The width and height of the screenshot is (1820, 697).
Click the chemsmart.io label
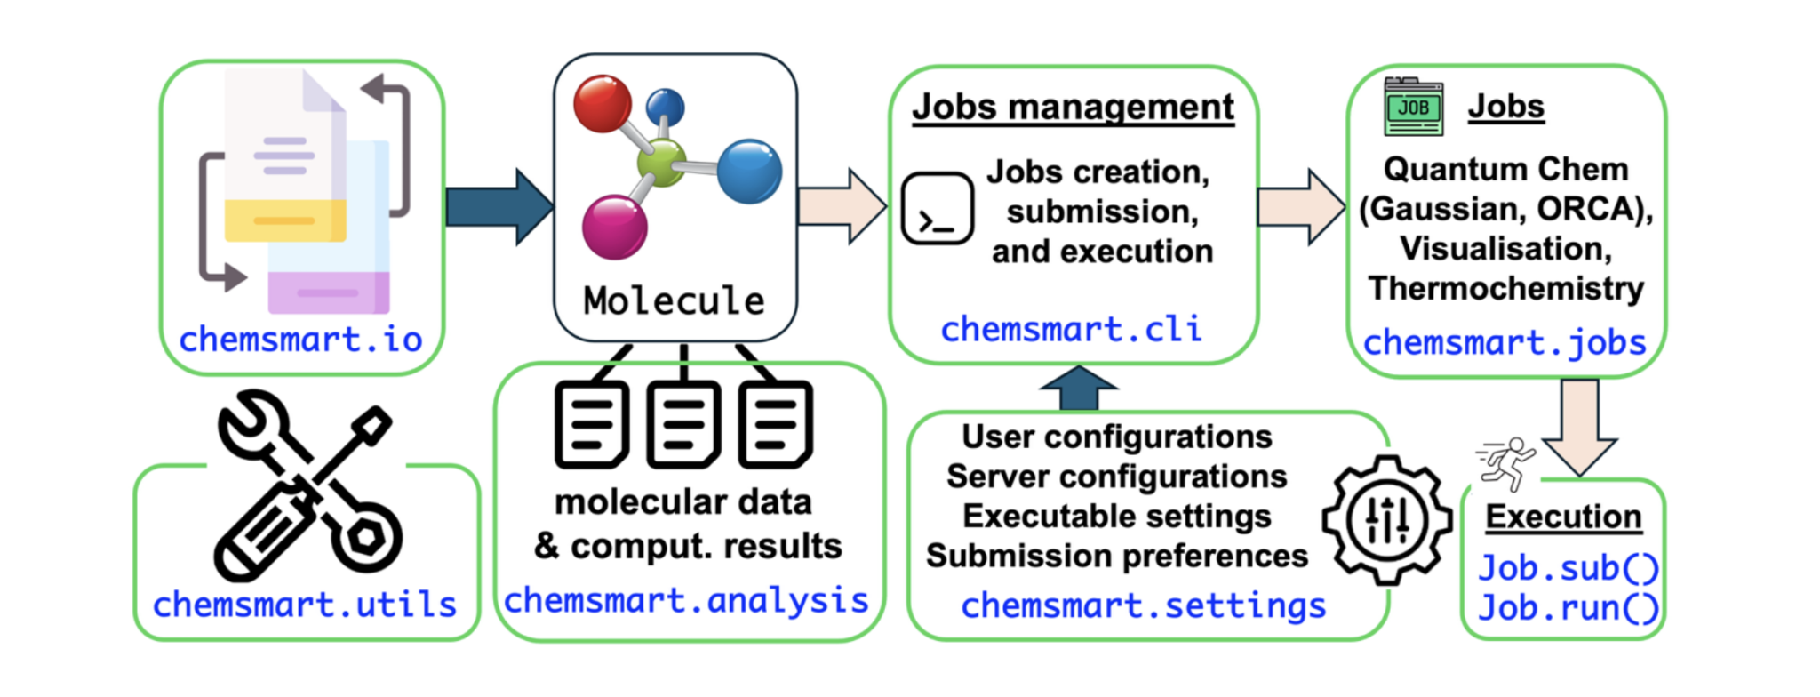tap(300, 340)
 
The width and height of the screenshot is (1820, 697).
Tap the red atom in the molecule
tap(602, 104)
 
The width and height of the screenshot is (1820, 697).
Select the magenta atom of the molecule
tap(614, 228)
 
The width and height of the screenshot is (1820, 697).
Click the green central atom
tap(661, 163)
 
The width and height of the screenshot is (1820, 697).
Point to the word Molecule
tap(674, 301)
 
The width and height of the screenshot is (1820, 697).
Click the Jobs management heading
tap(1073, 108)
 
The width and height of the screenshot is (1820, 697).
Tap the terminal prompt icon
tap(938, 209)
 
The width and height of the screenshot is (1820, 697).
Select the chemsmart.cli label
tap(1071, 330)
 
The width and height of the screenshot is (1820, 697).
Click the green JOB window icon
tap(1413, 108)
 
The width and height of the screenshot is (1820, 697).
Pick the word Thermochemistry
tap(1505, 288)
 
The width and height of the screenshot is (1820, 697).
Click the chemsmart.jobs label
tap(1505, 342)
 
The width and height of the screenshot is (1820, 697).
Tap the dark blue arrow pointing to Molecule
tap(498, 207)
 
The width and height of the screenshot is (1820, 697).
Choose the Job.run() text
tap(1568, 609)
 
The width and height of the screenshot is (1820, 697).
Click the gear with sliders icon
tap(1386, 520)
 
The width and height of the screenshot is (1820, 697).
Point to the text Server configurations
tap(1116, 477)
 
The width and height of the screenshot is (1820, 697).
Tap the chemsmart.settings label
tap(1143, 606)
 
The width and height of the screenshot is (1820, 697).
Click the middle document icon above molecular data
tap(682, 425)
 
